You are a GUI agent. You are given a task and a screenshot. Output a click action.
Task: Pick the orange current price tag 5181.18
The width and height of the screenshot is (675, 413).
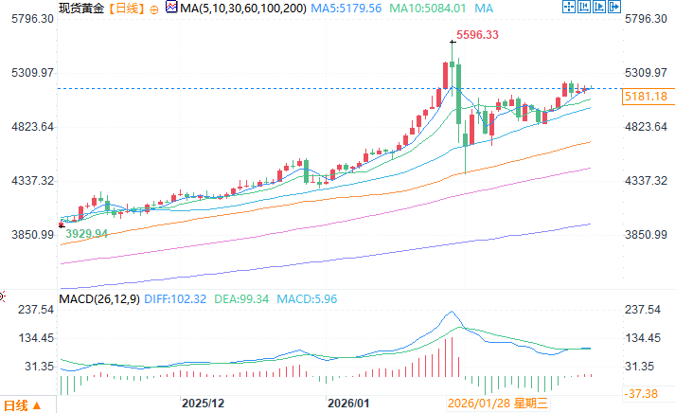[645, 97]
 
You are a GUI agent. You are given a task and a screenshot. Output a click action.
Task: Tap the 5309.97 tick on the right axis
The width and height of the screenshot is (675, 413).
[647, 73]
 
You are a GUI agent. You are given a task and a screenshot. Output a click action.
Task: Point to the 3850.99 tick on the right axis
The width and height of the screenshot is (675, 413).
[647, 234]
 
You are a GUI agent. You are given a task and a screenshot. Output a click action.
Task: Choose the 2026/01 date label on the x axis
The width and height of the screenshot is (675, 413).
[346, 403]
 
